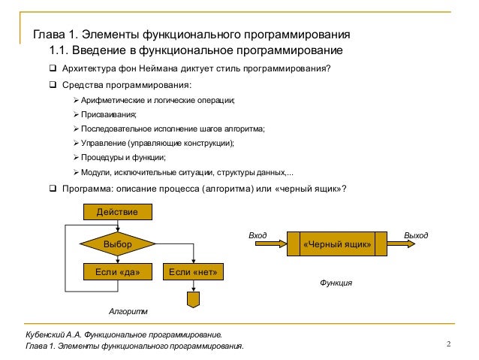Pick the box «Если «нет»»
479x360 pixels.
click(194, 271)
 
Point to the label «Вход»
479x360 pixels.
click(258, 235)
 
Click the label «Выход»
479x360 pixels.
click(417, 235)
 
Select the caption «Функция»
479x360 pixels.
click(336, 283)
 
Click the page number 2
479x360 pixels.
click(447, 345)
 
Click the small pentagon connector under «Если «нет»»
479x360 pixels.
click(194, 298)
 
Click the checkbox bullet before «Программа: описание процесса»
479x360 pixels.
click(53, 188)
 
